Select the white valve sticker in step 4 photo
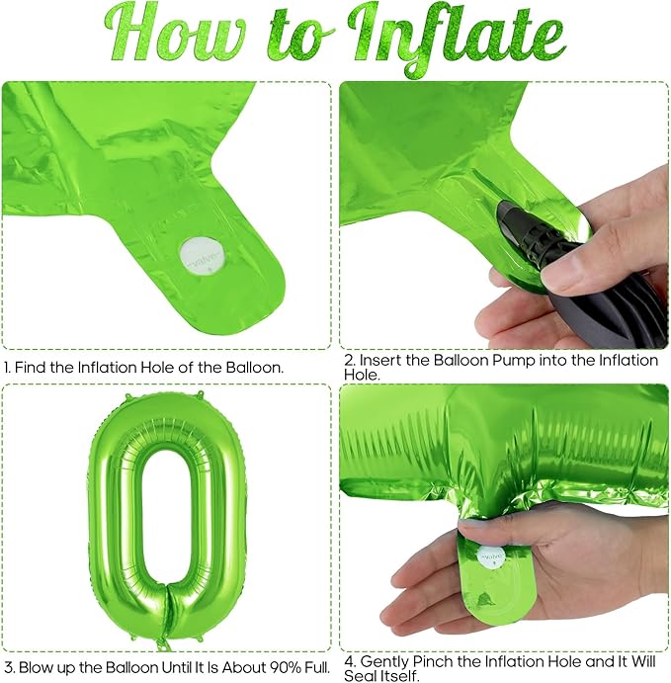[x=491, y=558]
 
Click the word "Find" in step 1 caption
[x=31, y=368]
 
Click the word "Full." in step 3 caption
[x=314, y=667]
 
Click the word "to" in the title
[x=296, y=42]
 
